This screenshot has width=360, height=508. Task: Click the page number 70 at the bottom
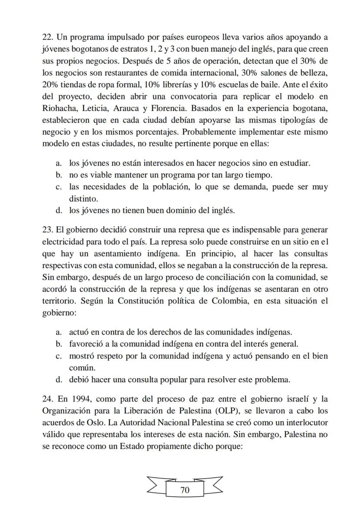185,490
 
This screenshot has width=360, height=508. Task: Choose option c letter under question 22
58,187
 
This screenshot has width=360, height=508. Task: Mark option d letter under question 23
58,379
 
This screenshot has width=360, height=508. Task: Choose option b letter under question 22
58,175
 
